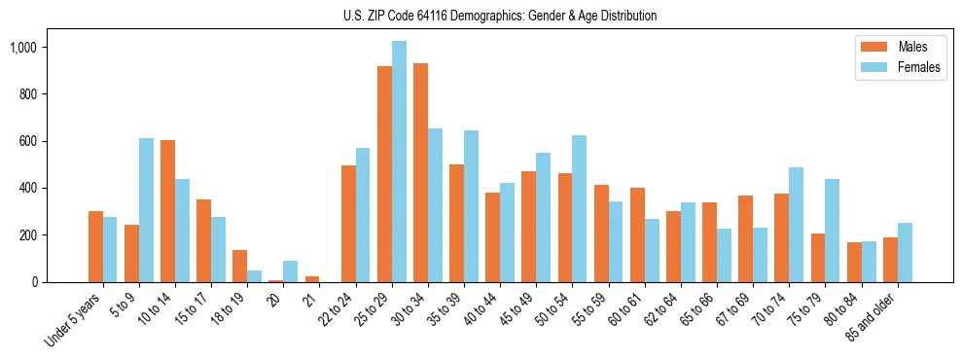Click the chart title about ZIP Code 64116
pos(500,16)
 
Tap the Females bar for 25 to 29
pos(399,162)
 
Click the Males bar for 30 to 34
pos(420,172)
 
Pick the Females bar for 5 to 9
pos(146,210)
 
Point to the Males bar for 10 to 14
pos(167,211)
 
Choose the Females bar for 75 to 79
pos(832,231)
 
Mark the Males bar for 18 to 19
pos(239,266)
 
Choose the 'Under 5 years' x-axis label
pos(73,320)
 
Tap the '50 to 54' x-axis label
pos(553,312)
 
